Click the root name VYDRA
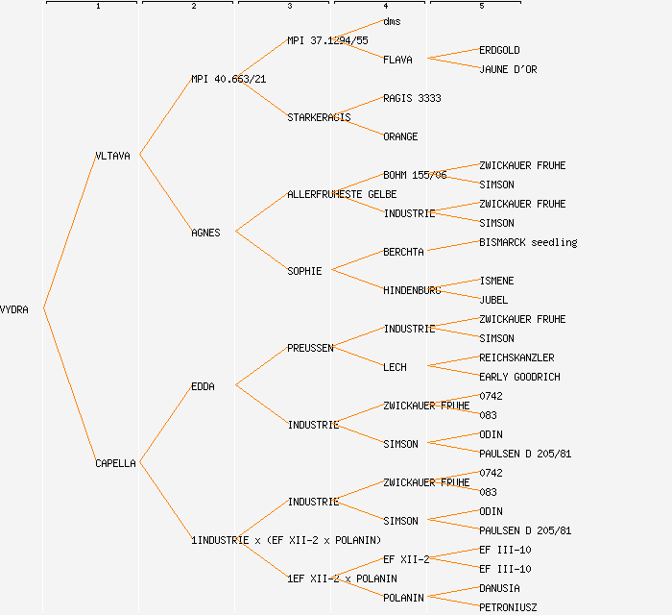pyautogui.click(x=14, y=309)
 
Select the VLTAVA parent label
pyautogui.click(x=112, y=156)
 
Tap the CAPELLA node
pyautogui.click(x=115, y=463)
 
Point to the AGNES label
pyautogui.click(x=205, y=233)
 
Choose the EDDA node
pyautogui.click(x=203, y=386)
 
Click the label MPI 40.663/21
pyautogui.click(x=228, y=79)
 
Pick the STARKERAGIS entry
pyautogui.click(x=319, y=117)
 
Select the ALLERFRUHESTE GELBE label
pyautogui.click(x=342, y=194)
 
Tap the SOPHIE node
pyautogui.click(x=304, y=271)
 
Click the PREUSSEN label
pyautogui.click(x=310, y=348)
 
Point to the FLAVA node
pyautogui.click(x=397, y=60)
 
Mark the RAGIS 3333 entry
pyautogui.click(x=412, y=98)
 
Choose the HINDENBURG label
pyautogui.click(x=412, y=290)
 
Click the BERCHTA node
pyautogui.click(x=403, y=252)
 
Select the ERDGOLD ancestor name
pyautogui.click(x=499, y=50)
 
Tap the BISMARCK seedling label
pyautogui.click(x=528, y=242)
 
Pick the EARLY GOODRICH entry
pyautogui.click(x=519, y=377)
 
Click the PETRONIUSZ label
pyautogui.click(x=508, y=607)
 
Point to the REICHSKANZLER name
pyautogui.click(x=516, y=357)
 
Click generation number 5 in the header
pyautogui.click(x=482, y=7)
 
